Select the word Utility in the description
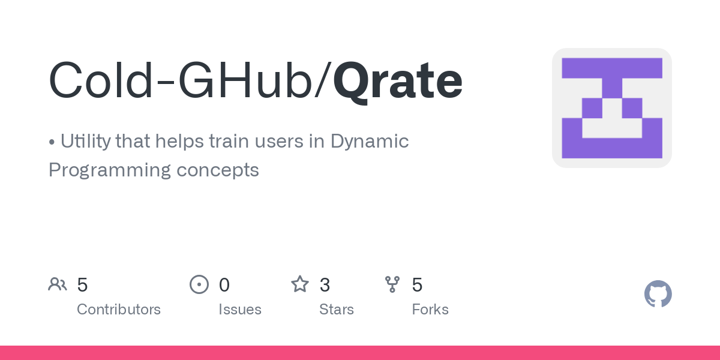pos(85,142)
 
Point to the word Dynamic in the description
pos(370,142)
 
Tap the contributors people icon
pos(58,284)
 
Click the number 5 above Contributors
pos(83,284)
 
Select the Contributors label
pos(119,310)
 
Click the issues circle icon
pos(199,284)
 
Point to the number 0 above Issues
pos(224,284)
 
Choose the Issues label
pos(240,310)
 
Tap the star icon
pos(299,284)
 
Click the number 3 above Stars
pos(325,284)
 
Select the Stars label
pos(337,310)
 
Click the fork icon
pos(392,284)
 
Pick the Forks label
pos(430,310)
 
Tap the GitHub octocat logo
pos(658,294)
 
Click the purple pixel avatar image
pos(611,108)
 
